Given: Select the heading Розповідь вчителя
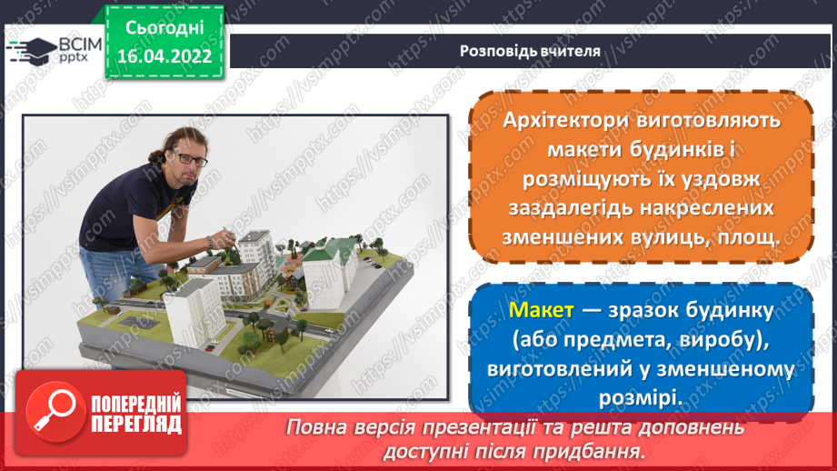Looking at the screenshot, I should [x=530, y=51].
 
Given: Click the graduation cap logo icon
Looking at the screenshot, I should [x=30, y=48].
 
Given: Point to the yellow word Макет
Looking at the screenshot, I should [x=542, y=311].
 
